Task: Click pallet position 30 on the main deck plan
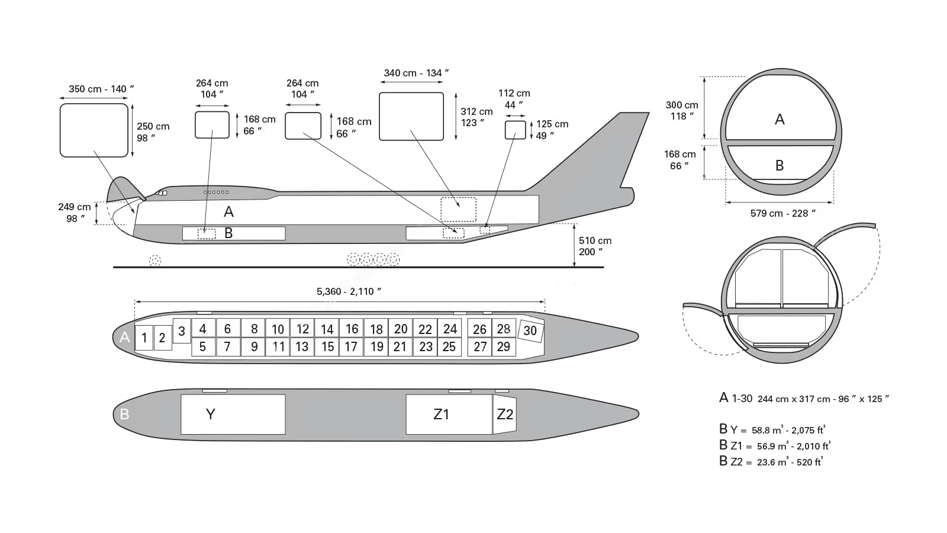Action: [x=530, y=330]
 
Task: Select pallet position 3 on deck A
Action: [x=182, y=331]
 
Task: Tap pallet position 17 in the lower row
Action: [x=352, y=347]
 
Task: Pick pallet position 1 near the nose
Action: [x=144, y=338]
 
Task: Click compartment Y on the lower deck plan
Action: [x=233, y=414]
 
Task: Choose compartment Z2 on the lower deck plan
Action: [x=505, y=414]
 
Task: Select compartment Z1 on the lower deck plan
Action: [x=449, y=414]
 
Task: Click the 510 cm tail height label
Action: [x=595, y=246]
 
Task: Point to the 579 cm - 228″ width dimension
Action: [x=782, y=214]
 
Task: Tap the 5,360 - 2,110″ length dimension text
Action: [x=349, y=291]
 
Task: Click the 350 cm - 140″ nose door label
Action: [x=101, y=89]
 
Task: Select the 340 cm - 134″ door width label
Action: [x=416, y=73]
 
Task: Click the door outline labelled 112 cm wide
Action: [x=516, y=130]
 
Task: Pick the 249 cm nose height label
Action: [x=75, y=213]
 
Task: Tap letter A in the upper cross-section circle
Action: [x=779, y=120]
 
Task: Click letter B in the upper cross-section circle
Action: [x=779, y=165]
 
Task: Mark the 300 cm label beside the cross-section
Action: [x=681, y=110]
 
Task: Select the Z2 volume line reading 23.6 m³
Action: [x=771, y=461]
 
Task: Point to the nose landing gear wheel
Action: [x=155, y=261]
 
